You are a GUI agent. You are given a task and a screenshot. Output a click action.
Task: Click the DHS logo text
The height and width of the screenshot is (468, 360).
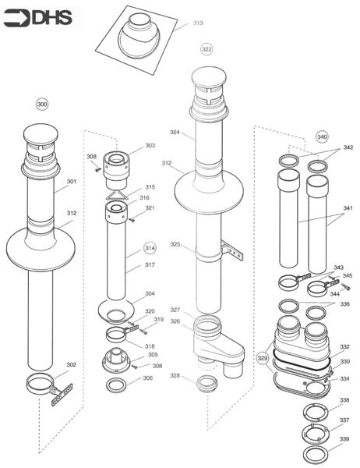pyautogui.click(x=52, y=18)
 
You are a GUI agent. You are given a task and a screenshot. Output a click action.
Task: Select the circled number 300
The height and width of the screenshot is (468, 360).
pyautogui.click(x=42, y=105)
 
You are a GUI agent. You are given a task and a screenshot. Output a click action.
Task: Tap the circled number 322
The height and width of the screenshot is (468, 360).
pyautogui.click(x=206, y=49)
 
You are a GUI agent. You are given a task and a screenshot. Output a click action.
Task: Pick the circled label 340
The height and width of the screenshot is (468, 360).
pyautogui.click(x=322, y=136)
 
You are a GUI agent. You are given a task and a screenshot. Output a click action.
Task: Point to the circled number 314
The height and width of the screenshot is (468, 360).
pyautogui.click(x=150, y=248)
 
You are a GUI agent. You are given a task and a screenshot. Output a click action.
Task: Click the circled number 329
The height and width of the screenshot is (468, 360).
pyautogui.click(x=263, y=357)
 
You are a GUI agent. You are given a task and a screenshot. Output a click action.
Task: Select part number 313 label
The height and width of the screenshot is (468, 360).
pyautogui.click(x=198, y=23)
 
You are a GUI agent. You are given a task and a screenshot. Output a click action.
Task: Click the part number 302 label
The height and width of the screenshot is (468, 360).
pyautogui.click(x=71, y=364)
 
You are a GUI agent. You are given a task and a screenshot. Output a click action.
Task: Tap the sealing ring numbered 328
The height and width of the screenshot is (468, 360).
pyautogui.click(x=207, y=384)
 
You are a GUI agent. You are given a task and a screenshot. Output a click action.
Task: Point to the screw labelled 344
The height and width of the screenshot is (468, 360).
pyautogui.click(x=345, y=287)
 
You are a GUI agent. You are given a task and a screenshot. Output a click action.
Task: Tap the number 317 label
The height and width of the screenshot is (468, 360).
pyautogui.click(x=150, y=264)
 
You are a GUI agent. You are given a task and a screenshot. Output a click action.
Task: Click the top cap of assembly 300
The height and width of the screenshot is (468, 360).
pyautogui.click(x=41, y=133)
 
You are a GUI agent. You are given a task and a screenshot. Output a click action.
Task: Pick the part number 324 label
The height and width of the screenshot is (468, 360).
pyautogui.click(x=175, y=132)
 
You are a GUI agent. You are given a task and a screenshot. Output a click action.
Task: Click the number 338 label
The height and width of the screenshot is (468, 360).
pyautogui.click(x=344, y=399)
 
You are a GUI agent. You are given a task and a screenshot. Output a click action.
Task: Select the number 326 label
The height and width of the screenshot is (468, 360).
pyautogui.click(x=175, y=321)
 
